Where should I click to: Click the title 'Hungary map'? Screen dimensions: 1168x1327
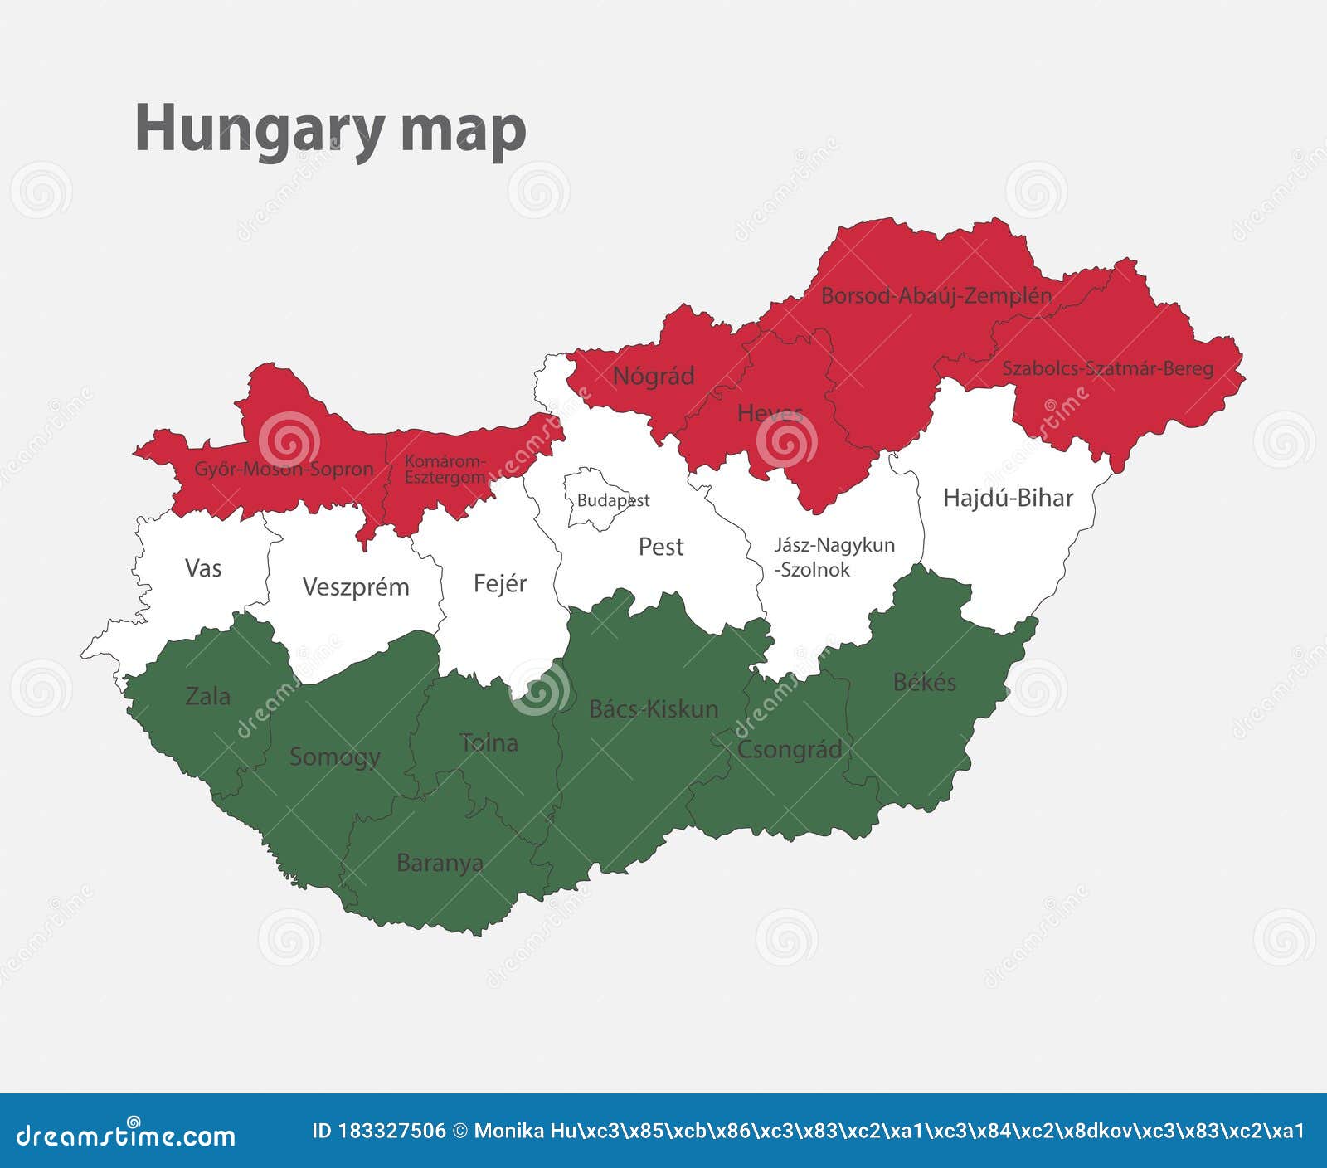pos(330,129)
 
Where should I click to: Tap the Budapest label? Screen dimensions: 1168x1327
pos(613,500)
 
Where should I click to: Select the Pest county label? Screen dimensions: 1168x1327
pos(661,547)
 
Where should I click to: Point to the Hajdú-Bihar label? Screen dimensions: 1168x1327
pos(1008,498)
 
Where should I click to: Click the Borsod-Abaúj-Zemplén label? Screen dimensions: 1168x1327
pos(936,295)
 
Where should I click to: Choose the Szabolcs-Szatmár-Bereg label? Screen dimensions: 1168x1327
pos(1107,368)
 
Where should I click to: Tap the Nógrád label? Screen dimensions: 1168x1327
pos(654,376)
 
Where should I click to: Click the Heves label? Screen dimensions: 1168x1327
pos(770,412)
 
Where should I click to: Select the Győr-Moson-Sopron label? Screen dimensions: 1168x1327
pos(284,469)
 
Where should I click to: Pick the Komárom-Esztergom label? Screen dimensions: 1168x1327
pos(445,469)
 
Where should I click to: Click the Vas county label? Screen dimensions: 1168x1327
pos(203,568)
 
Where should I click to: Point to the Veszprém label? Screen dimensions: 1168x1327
pos(356,587)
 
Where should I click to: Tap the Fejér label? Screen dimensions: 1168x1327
pos(500,583)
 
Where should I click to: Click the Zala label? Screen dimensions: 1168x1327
pos(208,696)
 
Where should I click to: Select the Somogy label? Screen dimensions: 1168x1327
pos(335,757)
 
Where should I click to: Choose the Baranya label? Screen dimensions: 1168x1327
pos(440,863)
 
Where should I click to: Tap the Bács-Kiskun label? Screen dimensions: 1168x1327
pos(654,708)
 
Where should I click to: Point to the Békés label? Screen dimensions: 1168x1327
pos(925,682)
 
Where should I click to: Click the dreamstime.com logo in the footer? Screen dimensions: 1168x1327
pos(126,1134)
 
